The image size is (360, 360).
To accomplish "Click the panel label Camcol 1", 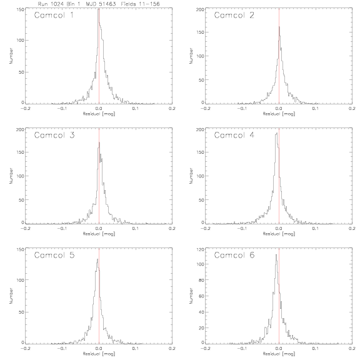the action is pos(54,15).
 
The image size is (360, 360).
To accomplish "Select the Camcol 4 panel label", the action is pos(234,135).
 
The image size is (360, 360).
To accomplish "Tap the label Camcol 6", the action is pos(234,255).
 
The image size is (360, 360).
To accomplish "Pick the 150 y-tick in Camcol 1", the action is pos(21,9).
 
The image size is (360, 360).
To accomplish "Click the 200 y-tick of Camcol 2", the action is pos(200,9).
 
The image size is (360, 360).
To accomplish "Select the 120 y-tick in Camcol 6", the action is pos(201,249).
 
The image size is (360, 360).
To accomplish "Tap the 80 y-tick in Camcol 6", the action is pos(201,280).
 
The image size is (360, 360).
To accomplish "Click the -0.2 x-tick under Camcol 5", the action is pos(25,348).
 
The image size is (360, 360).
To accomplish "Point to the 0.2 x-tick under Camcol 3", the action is pos(172,229).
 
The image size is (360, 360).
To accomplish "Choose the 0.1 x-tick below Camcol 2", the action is pos(316,108).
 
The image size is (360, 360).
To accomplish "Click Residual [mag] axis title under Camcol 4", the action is pos(279,234).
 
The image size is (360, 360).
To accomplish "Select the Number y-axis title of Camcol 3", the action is pos(11,176).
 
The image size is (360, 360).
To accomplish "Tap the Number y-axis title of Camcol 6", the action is pos(191,296).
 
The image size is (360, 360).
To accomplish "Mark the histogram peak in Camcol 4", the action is pos(277,133).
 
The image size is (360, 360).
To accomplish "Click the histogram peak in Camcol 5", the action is pos(97,259).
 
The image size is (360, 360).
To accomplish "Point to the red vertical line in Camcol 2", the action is pos(279,56).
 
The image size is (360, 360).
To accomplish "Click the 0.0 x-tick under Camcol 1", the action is pos(99,108).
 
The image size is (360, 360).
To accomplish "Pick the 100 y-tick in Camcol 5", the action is pos(21,280).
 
